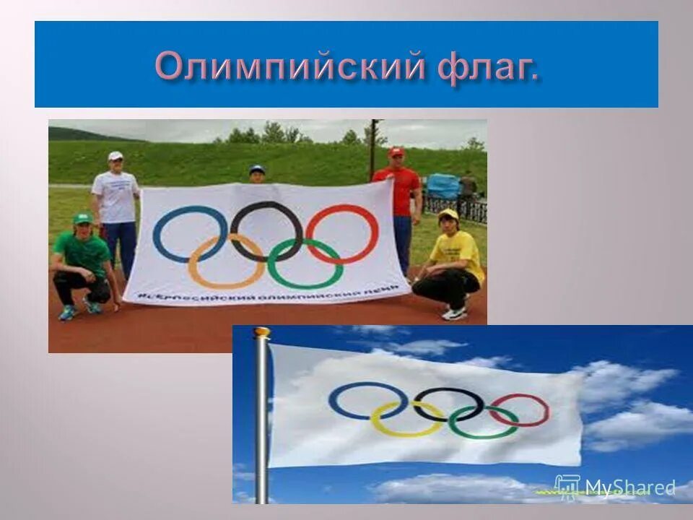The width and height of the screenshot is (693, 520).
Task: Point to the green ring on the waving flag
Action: (x=451, y=426)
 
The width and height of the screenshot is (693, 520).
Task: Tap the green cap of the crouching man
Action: (x=83, y=217)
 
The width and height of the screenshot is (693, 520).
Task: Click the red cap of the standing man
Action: (x=396, y=152)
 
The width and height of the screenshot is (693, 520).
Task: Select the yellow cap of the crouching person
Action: (x=449, y=214)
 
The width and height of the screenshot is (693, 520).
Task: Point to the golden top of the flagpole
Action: (x=261, y=332)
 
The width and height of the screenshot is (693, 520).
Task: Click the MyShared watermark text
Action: (x=629, y=487)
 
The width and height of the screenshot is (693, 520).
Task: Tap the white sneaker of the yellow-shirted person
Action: (x=454, y=313)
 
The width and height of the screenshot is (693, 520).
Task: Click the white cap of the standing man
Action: (x=115, y=155)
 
